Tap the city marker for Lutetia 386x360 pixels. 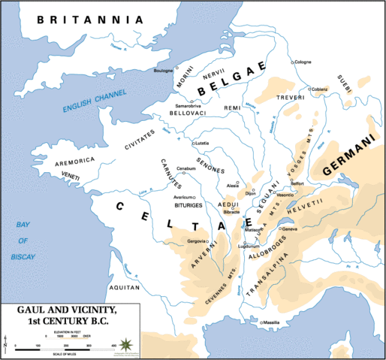[194, 143]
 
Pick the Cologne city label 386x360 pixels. [303, 62]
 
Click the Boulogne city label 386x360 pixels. [164, 71]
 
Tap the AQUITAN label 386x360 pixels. [123, 286]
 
